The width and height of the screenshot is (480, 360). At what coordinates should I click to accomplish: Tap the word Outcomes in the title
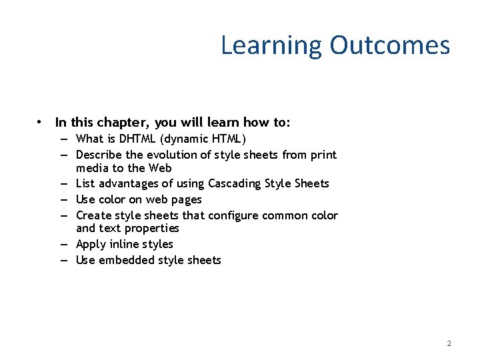point(389,45)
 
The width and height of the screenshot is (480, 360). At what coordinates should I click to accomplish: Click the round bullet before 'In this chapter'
point(41,123)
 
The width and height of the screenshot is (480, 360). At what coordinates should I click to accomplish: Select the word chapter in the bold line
point(123,123)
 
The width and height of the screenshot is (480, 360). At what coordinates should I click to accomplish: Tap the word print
point(323,155)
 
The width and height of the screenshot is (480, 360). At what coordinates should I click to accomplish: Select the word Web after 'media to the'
point(161,168)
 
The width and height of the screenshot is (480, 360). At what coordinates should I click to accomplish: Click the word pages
point(187,199)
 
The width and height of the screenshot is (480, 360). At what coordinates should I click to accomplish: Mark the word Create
point(93,215)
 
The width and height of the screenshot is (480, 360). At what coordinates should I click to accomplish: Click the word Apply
point(91,244)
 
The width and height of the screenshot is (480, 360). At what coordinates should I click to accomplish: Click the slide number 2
point(449,343)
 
